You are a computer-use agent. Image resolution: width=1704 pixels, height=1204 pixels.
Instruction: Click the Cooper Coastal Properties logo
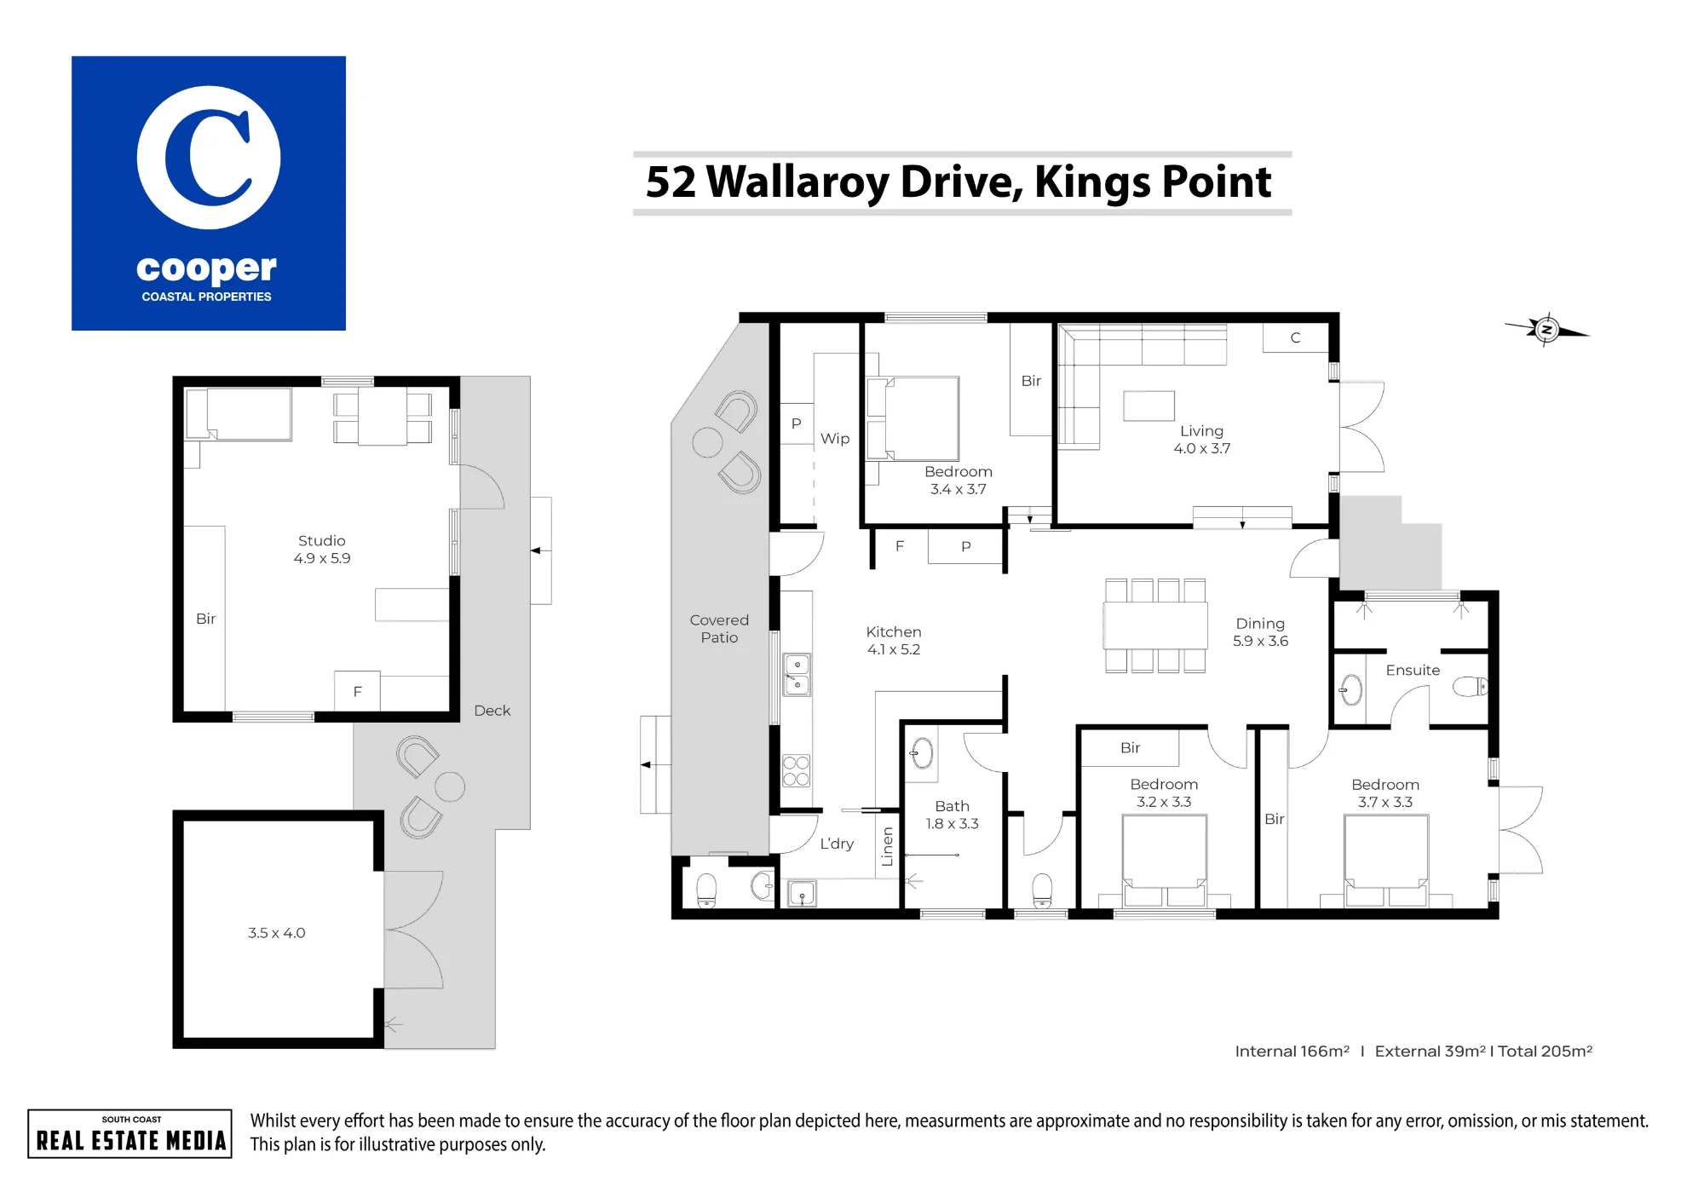[x=209, y=193]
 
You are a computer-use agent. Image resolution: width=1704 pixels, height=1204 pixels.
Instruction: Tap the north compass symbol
[x=1546, y=329]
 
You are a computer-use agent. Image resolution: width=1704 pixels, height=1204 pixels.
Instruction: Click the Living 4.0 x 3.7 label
[x=1201, y=440]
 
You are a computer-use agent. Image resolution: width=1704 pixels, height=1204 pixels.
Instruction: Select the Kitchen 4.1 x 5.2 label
[x=894, y=640]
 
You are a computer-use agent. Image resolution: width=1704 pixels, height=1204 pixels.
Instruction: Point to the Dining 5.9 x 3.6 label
[x=1260, y=632]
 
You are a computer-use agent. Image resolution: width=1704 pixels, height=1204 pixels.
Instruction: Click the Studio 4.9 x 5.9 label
[x=322, y=550]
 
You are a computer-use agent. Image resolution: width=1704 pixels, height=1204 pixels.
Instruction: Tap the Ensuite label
[x=1413, y=671]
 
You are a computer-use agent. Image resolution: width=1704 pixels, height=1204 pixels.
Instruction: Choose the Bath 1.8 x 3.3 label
[x=952, y=815]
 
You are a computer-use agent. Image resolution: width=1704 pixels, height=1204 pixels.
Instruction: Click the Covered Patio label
[x=719, y=629]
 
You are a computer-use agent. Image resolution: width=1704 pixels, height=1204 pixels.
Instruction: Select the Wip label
[x=835, y=439]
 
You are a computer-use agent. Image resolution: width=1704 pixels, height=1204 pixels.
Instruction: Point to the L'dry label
[x=837, y=844]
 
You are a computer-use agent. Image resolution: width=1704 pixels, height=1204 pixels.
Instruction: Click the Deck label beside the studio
[x=492, y=711]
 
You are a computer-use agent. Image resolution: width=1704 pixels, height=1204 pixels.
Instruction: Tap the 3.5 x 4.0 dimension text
[x=277, y=933]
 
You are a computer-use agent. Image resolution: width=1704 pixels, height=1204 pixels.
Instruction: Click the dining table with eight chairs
[x=1155, y=625]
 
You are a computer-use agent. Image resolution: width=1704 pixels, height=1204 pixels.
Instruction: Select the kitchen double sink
[x=797, y=675]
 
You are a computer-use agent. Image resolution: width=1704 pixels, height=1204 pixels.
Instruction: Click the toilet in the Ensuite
[x=1471, y=686]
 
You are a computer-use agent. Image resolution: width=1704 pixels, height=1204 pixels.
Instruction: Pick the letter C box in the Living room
[x=1295, y=337]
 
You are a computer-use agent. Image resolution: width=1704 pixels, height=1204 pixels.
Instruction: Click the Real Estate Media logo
[x=130, y=1133]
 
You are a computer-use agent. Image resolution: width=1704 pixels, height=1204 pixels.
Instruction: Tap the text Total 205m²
[x=1545, y=1051]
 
